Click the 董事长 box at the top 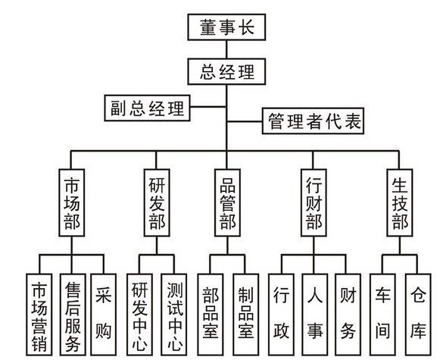226,27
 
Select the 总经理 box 226,71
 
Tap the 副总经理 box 148,108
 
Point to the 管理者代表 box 314,121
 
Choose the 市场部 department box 71,202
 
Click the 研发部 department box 157,202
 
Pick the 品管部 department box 228,202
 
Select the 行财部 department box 314,202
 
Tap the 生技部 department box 400,202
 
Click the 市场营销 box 39,315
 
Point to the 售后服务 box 73,315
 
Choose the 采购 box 103,315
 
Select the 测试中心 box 174,315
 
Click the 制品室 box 246,315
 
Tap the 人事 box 315,315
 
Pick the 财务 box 348,315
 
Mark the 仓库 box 418,315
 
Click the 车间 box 382,315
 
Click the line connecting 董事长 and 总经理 226,49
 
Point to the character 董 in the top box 208,27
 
